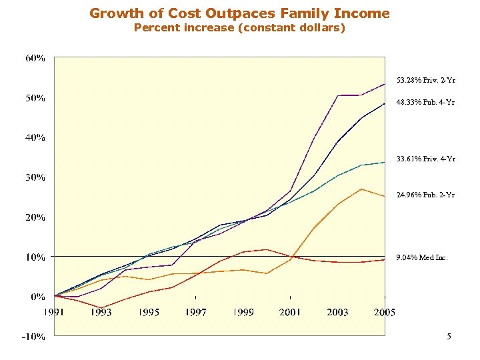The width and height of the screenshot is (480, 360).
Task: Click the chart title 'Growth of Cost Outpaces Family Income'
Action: pyautogui.click(x=239, y=13)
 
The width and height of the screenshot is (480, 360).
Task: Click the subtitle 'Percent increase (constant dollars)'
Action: pyautogui.click(x=239, y=28)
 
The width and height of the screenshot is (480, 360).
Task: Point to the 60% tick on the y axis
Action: pyautogui.click(x=35, y=58)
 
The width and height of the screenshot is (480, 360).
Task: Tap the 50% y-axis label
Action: pyautogui.click(x=35, y=98)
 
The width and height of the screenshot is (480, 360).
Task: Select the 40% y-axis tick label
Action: pyautogui.click(x=35, y=138)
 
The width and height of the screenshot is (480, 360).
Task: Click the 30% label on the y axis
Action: pyautogui.click(x=35, y=177)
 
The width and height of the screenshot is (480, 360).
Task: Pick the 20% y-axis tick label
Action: pyautogui.click(x=35, y=217)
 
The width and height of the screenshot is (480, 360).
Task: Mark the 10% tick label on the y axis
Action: pyautogui.click(x=35, y=257)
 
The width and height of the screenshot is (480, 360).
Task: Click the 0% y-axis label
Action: pyautogui.click(x=37, y=297)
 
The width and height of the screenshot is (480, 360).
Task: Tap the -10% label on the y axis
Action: pyautogui.click(x=34, y=337)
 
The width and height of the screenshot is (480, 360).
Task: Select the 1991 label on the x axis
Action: pyautogui.click(x=55, y=312)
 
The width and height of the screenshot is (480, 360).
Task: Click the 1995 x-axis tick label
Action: pyautogui.click(x=149, y=312)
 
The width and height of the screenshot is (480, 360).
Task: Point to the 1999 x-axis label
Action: pyautogui.click(x=243, y=312)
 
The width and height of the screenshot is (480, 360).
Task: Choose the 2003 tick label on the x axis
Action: pyautogui.click(x=337, y=312)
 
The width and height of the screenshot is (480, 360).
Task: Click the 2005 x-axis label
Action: pyautogui.click(x=384, y=312)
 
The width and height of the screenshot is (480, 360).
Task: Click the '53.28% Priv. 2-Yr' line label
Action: pyautogui.click(x=426, y=81)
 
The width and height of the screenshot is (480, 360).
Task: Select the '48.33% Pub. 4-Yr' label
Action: pyautogui.click(x=426, y=103)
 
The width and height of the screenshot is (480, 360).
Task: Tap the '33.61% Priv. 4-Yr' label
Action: pyautogui.click(x=426, y=159)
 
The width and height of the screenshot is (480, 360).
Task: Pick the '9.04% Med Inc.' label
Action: pyautogui.click(x=422, y=257)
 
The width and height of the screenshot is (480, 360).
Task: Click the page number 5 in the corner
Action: pyautogui.click(x=449, y=337)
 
